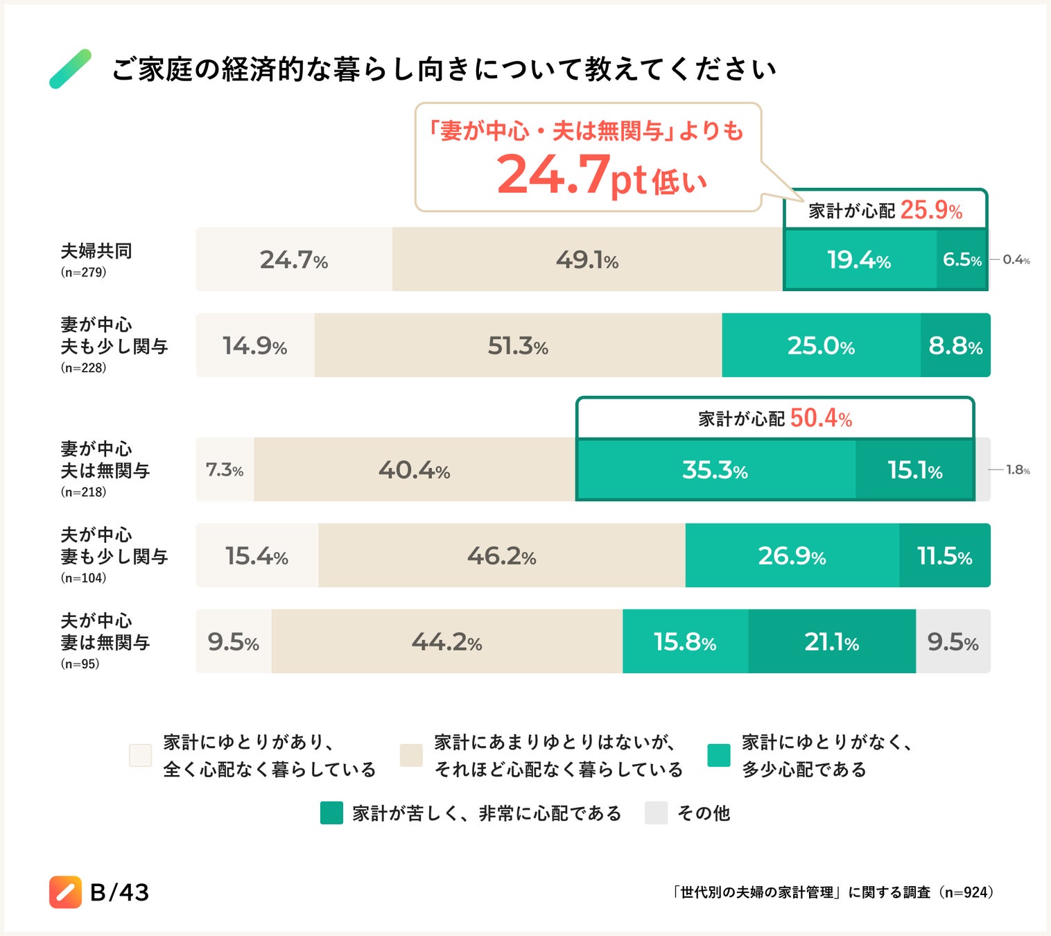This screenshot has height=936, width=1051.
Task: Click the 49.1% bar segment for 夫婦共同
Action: coord(587,259)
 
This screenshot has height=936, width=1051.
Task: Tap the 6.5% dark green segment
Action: coord(962,259)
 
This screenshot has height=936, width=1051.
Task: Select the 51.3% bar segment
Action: coord(518,345)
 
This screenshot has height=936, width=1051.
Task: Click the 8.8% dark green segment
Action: coord(955,345)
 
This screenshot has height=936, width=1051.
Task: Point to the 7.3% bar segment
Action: coord(225,470)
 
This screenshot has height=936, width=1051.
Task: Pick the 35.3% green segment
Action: coord(715,470)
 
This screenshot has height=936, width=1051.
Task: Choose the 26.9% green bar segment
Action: coord(792,556)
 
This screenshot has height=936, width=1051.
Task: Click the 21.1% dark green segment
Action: coord(831,642)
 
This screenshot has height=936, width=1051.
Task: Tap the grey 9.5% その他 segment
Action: coord(953,642)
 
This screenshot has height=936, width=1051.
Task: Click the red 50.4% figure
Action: coord(821,418)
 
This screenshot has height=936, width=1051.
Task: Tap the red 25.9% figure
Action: coord(931,210)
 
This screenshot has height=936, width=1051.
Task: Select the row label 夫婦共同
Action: coord(96,251)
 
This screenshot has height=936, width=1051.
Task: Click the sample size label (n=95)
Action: coord(80,664)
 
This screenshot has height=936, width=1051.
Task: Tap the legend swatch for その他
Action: coord(656,813)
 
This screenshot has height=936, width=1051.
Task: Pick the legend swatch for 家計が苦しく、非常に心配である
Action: coord(331,813)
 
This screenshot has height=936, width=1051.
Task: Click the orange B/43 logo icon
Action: coord(65,892)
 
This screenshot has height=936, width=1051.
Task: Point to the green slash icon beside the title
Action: coord(71,69)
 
